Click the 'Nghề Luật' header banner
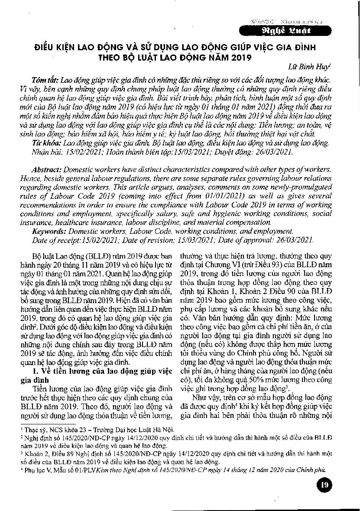tap(295, 31)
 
